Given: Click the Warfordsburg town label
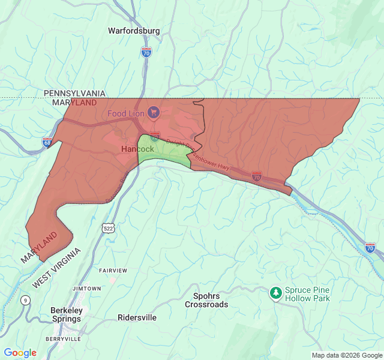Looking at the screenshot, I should [x=134, y=31].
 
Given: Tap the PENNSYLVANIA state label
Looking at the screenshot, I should [x=74, y=94].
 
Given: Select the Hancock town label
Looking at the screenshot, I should [x=137, y=149].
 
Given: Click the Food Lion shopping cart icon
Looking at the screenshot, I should [x=154, y=112].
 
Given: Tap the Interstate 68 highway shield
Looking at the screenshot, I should [x=47, y=142].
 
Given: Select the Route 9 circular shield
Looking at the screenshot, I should [x=25, y=300].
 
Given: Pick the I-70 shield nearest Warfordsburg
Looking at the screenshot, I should [x=146, y=53].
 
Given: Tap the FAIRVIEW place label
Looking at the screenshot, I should [x=113, y=271].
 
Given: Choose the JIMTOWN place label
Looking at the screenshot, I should [x=87, y=289].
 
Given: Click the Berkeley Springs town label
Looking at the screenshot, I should [x=67, y=314].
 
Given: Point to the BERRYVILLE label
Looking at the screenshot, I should [x=63, y=339].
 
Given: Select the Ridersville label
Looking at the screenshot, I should [x=137, y=317].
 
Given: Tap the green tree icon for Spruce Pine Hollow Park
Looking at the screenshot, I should [x=275, y=293].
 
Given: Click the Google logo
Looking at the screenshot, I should [x=20, y=353].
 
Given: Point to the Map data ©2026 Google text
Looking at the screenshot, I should [x=346, y=355].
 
